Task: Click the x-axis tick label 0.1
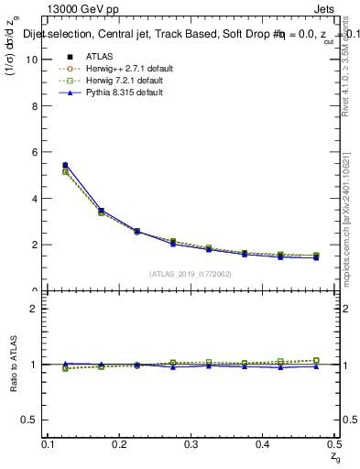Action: tap(49, 444)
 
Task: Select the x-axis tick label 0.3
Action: tap(192, 444)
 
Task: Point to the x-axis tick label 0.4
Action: tap(264, 444)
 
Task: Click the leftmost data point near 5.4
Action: tap(64, 166)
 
